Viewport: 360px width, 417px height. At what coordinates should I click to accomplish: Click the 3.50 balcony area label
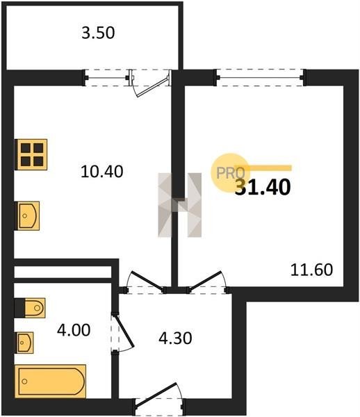[x=98, y=33]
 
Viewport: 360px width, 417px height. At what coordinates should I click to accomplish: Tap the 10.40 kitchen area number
[x=102, y=172]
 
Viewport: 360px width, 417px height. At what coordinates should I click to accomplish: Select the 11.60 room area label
[x=311, y=270]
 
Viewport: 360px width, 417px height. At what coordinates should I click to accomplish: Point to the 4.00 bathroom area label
[x=74, y=330]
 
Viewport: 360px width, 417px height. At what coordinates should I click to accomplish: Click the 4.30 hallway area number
[x=175, y=338]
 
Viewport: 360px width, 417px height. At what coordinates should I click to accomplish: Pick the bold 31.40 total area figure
[x=263, y=187]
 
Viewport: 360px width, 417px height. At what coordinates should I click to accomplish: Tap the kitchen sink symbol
[x=28, y=215]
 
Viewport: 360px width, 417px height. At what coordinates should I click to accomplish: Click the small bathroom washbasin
[x=25, y=343]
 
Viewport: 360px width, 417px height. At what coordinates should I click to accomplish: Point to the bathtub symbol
[x=51, y=382]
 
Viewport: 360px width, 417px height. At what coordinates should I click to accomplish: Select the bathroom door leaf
[x=124, y=331]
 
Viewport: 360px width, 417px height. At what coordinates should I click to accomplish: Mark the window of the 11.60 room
[x=261, y=78]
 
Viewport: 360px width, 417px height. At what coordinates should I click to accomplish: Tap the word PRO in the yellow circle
[x=231, y=173]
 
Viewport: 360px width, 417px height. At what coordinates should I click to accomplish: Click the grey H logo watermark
[x=180, y=205]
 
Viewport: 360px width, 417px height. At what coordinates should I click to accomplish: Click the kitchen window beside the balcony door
[x=107, y=78]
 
